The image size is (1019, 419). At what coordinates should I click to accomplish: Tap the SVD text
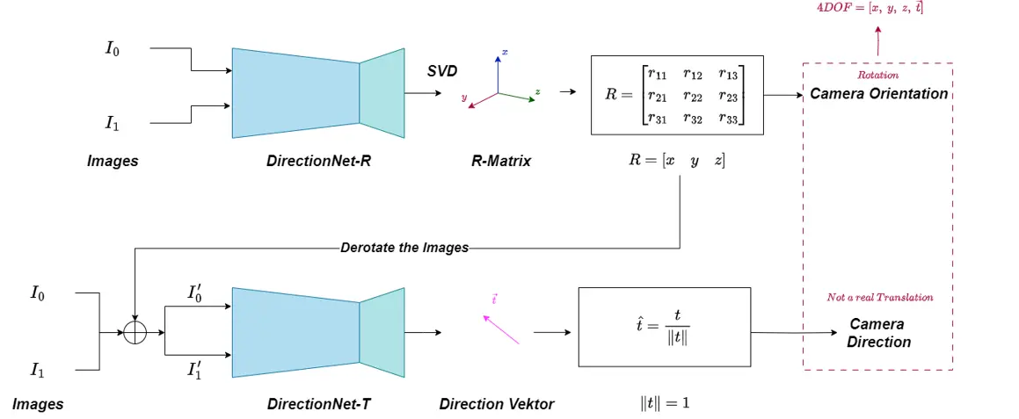442,71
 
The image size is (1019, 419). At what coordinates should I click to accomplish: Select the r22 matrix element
694,96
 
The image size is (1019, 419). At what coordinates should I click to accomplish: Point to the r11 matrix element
657,75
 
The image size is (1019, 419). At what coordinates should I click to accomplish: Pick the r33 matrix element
729,118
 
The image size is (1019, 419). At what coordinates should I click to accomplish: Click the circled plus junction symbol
134,333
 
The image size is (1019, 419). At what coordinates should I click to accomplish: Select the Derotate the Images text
404,248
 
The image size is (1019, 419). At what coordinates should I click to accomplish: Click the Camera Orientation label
878,93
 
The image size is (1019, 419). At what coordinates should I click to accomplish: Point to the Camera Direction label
877,333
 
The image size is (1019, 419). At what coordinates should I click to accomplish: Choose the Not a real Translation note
879,297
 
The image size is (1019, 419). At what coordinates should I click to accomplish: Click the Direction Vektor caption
497,404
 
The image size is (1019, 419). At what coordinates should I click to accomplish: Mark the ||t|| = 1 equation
665,403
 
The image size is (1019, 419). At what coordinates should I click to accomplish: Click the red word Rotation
877,76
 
